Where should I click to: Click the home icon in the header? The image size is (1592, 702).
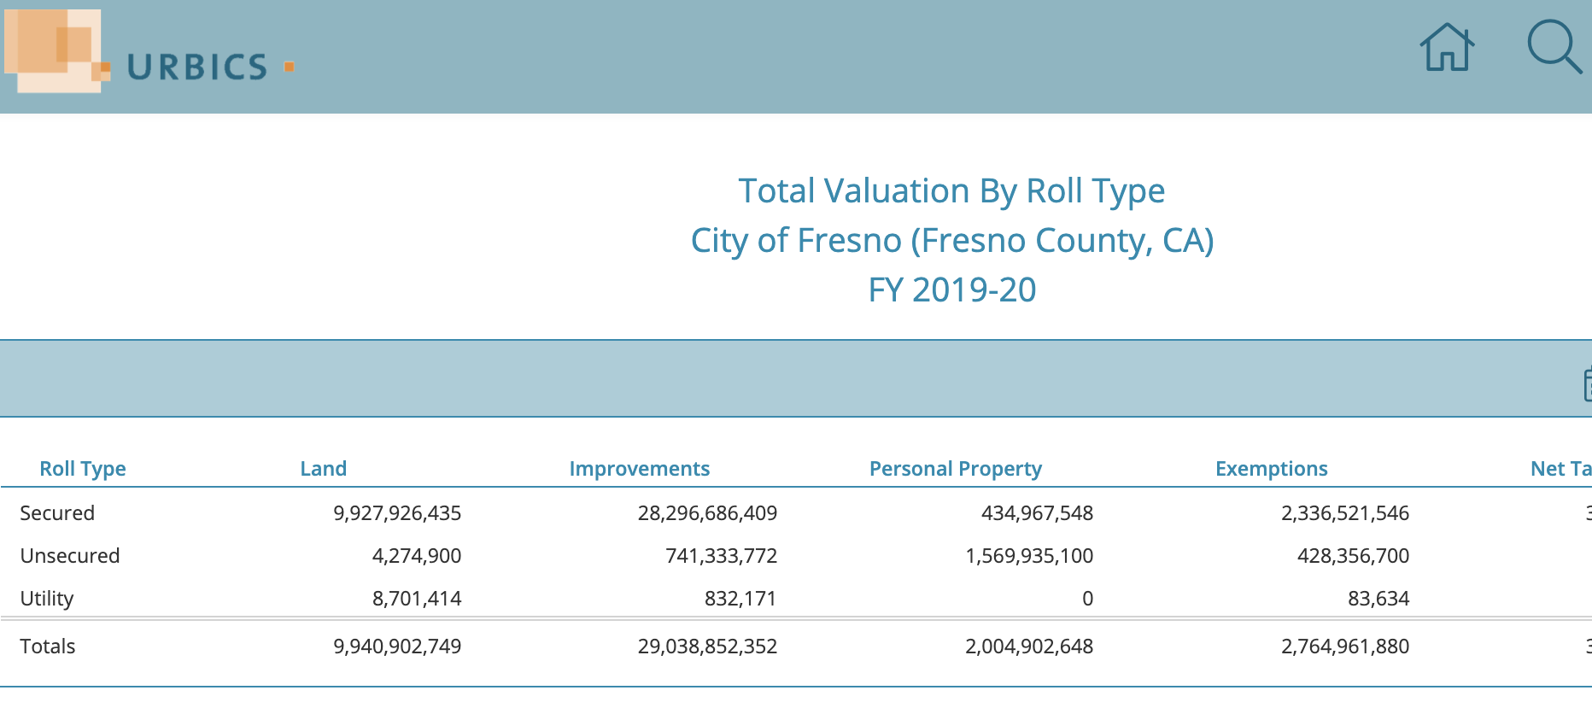click(1447, 48)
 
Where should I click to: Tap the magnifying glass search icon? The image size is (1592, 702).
click(1553, 46)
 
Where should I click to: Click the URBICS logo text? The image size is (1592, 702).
click(197, 67)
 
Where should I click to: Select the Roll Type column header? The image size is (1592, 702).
click(83, 469)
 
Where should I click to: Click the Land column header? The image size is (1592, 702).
click(323, 469)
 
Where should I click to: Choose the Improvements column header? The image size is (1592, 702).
click(639, 469)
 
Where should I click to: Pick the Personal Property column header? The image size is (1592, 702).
click(955, 469)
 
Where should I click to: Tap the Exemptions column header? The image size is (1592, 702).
click(1271, 469)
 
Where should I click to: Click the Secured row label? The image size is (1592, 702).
click(57, 513)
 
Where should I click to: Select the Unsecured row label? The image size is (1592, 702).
click(70, 556)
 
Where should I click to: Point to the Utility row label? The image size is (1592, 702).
click(47, 599)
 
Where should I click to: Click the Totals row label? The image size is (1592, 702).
click(48, 646)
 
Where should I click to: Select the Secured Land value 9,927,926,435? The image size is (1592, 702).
click(397, 513)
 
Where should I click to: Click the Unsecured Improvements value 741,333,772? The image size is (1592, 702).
click(721, 556)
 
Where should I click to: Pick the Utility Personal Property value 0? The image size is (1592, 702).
click(1087, 599)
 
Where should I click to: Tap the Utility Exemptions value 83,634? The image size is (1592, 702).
click(1378, 599)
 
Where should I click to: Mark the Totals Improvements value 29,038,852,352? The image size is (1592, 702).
click(707, 646)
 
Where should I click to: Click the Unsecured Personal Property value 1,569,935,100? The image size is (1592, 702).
click(1029, 556)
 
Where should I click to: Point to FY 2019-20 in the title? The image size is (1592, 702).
click(951, 290)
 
